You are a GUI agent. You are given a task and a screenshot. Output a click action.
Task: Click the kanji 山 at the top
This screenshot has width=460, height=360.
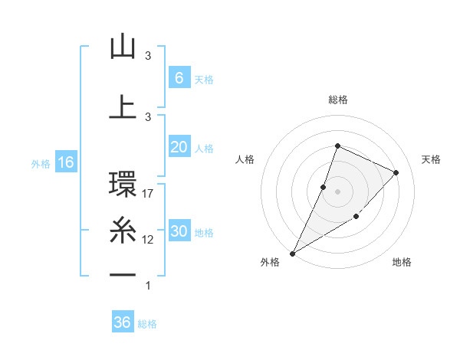[x=123, y=47]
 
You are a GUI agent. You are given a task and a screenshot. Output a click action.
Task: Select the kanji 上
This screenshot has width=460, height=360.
[x=123, y=107]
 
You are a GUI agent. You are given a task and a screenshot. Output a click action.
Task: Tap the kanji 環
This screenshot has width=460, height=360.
[x=123, y=185]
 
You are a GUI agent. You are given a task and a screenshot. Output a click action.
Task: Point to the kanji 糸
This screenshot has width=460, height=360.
[x=123, y=230]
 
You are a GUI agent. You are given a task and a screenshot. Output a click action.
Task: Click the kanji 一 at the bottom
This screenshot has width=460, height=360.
[x=123, y=274]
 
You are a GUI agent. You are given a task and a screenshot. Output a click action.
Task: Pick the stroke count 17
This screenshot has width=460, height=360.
[x=149, y=194]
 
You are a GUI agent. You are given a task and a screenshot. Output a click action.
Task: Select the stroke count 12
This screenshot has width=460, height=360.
[x=149, y=240]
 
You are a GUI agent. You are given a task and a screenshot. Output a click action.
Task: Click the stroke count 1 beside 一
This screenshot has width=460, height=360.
[x=148, y=286]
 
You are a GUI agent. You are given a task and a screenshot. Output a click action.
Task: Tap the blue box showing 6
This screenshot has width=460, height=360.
[x=179, y=78]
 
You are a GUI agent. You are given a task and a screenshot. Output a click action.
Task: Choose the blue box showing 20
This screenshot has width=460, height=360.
[x=179, y=147]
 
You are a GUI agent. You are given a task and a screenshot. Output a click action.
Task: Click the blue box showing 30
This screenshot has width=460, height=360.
[x=179, y=231]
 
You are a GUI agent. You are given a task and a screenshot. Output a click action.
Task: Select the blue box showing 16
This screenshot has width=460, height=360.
[x=65, y=162]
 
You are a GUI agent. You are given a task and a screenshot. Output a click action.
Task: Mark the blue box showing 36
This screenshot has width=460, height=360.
[x=123, y=322]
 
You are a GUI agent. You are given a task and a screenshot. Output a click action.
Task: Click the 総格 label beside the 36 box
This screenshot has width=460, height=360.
[x=147, y=324]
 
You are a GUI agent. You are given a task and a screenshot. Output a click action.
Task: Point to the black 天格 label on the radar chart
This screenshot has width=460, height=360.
[x=431, y=159]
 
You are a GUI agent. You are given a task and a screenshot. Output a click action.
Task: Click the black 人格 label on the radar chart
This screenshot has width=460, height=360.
[x=245, y=159]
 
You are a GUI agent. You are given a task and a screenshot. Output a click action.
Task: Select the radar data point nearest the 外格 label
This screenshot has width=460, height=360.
[x=292, y=253]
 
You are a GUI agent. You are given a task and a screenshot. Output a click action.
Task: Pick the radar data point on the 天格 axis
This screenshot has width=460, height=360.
[x=396, y=172]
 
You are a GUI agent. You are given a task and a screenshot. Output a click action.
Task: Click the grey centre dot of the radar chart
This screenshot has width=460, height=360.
[x=337, y=191]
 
